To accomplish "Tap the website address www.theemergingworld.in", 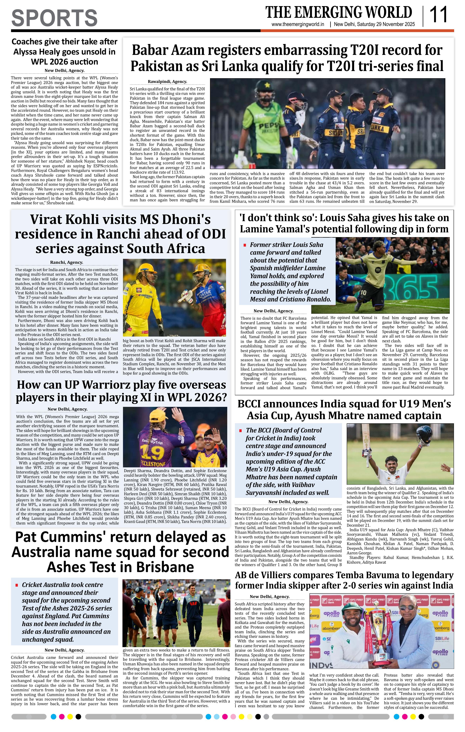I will [x=298, y=24].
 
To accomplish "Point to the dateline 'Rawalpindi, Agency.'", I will [x=167, y=82].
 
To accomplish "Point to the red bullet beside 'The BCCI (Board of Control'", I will [x=241, y=430].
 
